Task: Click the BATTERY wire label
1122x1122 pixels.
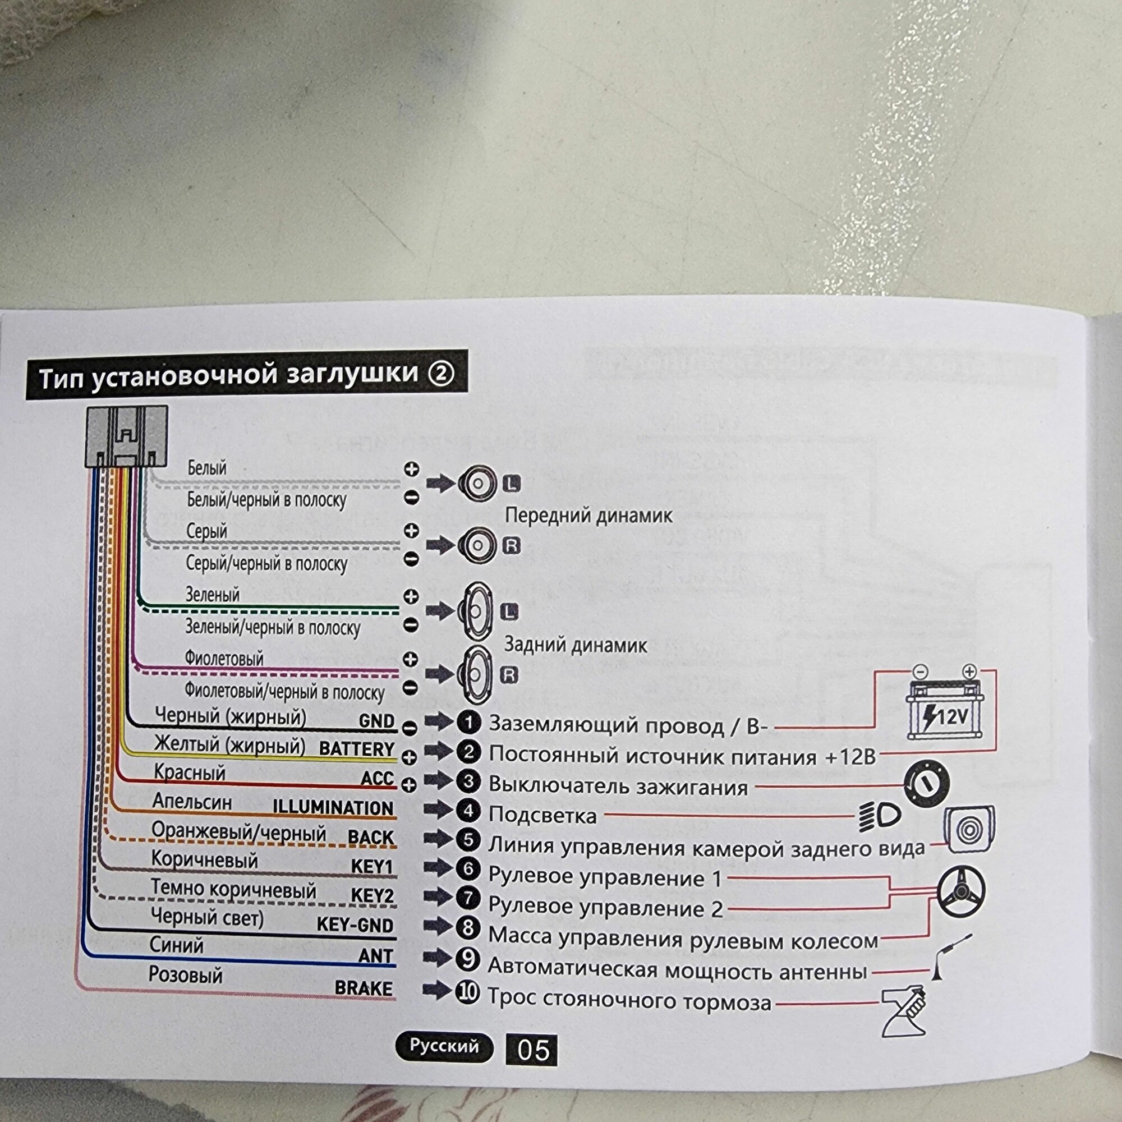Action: coord(357,748)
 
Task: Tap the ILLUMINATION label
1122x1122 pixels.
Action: coord(333,808)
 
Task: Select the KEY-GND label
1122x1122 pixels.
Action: coord(355,925)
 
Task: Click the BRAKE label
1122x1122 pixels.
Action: coord(364,988)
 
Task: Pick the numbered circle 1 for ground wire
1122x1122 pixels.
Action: coord(468,723)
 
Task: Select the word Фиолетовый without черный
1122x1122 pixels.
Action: coord(224,659)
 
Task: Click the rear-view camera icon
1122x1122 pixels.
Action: coord(969,829)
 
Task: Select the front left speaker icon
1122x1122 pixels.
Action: coord(476,483)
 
